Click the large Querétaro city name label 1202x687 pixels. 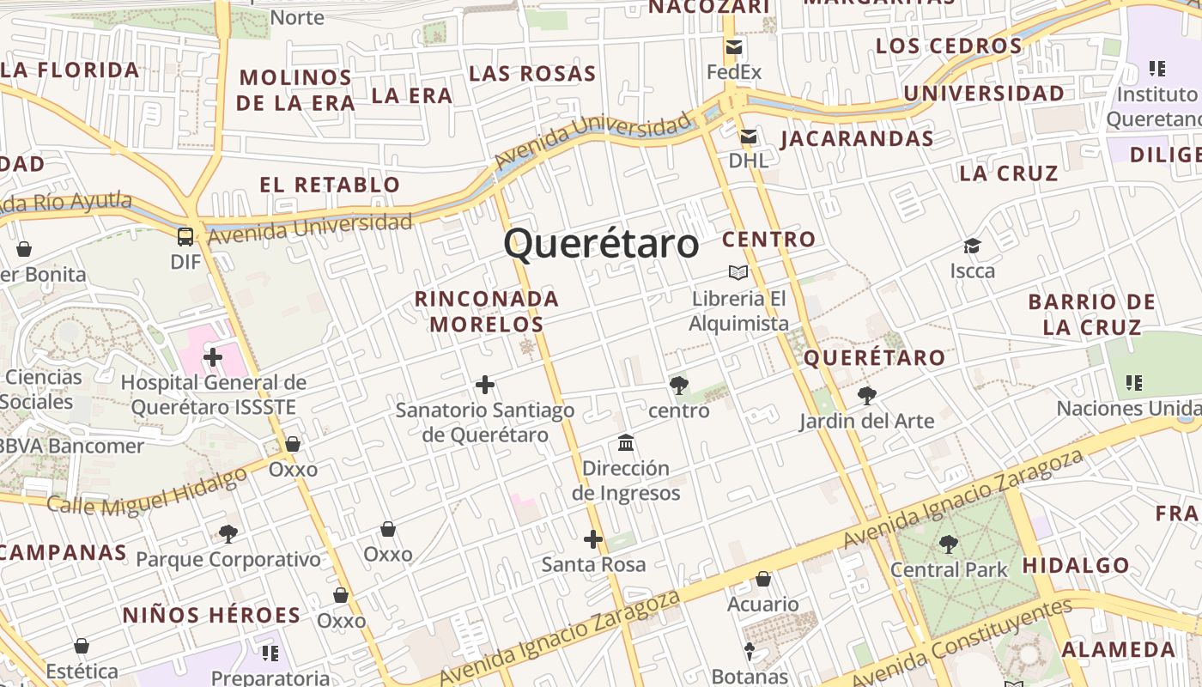pos(601,244)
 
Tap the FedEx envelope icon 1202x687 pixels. pos(734,47)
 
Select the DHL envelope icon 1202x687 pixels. pos(749,136)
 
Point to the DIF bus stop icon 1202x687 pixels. pos(185,236)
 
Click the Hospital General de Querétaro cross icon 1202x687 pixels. pos(213,356)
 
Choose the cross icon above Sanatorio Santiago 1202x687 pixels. pos(485,385)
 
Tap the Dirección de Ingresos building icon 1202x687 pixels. pos(626,443)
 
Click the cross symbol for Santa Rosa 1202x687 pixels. pos(593,539)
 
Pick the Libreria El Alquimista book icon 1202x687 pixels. pos(738,273)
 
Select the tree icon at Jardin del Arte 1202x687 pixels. pos(867,396)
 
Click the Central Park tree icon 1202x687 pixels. pos(949,544)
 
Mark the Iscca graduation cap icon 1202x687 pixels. pos(972,246)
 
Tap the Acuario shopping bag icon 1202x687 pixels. pos(763,579)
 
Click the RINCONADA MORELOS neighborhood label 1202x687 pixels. pos(487,312)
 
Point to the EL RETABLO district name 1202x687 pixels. pos(330,185)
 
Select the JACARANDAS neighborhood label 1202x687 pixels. pos(857,138)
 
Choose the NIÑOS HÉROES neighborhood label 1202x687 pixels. pos(211,615)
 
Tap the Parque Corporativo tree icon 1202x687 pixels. pos(228,534)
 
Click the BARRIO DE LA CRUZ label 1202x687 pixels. pos(1091,314)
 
